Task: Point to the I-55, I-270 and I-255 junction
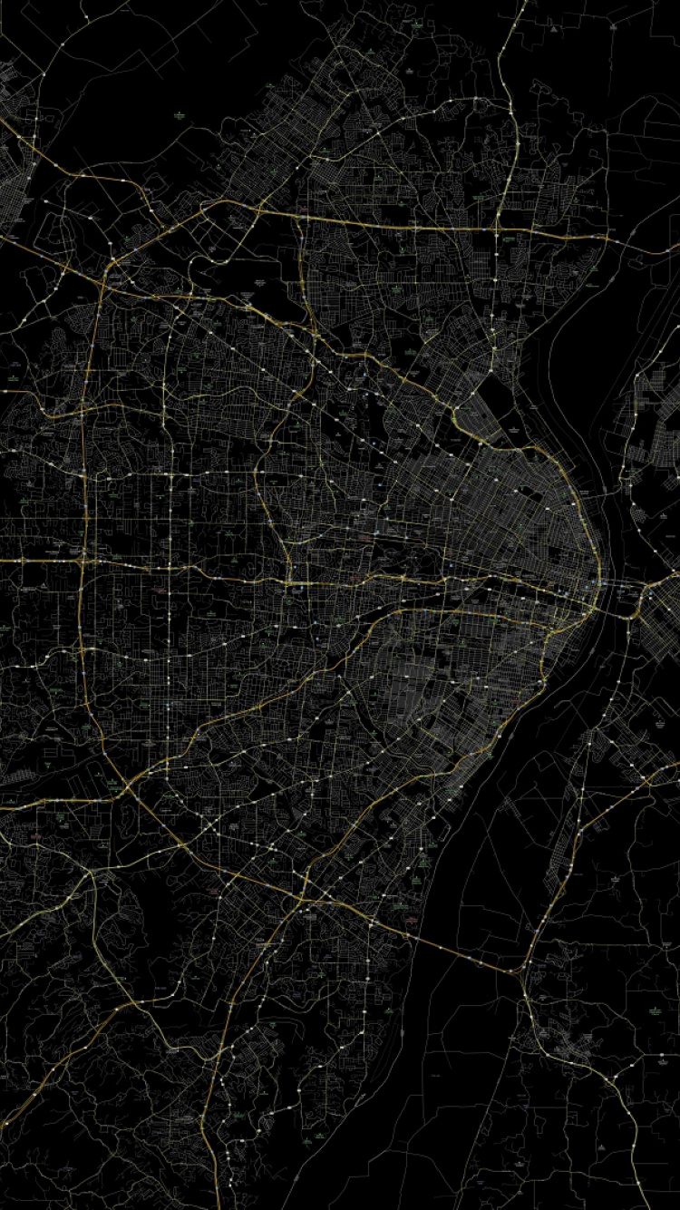(x=304, y=898)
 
